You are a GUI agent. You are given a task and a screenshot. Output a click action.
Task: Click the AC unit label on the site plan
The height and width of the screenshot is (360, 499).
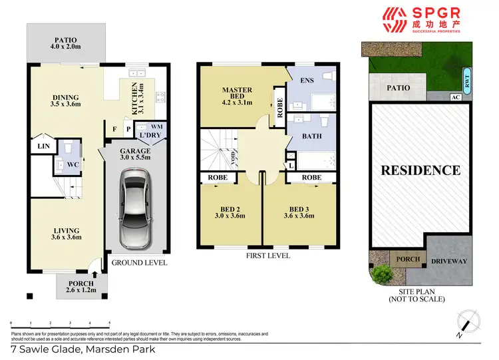pos(456,97)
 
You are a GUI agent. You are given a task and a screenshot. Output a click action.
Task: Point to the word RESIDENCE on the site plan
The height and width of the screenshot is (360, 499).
pos(420,170)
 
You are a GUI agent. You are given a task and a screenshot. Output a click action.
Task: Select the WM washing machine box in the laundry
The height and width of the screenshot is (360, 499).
pos(156,126)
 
